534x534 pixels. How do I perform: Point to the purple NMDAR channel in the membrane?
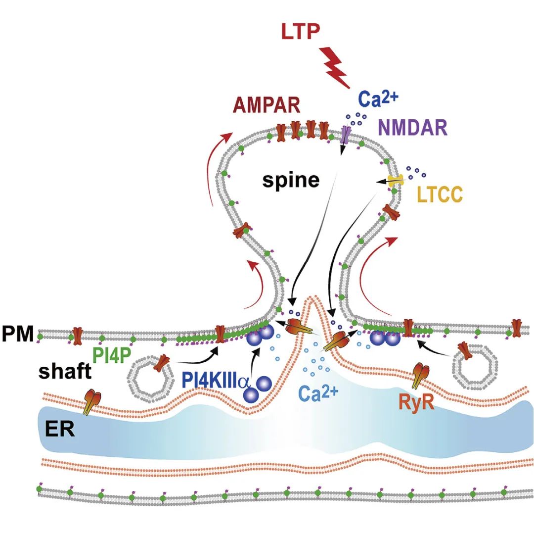[x=345, y=134]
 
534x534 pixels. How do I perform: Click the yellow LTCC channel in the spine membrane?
[x=394, y=182]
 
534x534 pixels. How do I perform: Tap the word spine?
[x=291, y=180]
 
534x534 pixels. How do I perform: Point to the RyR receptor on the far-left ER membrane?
[x=90, y=401]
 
